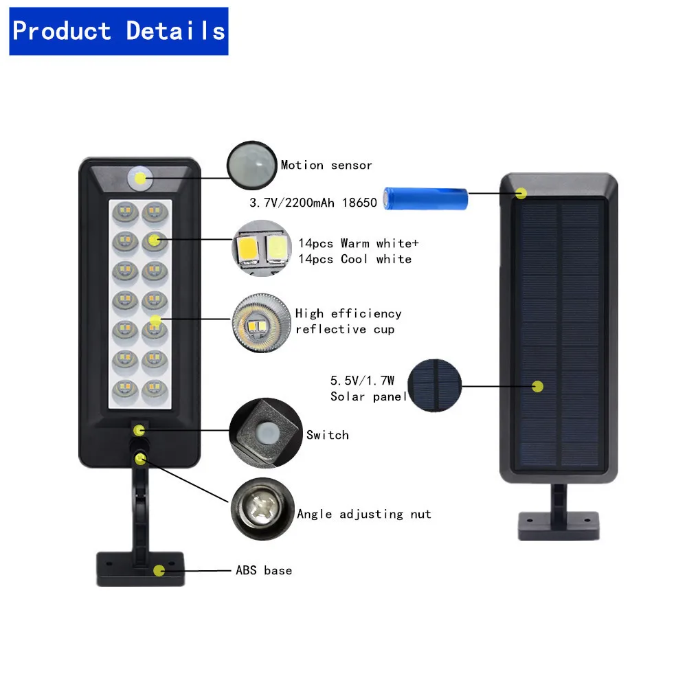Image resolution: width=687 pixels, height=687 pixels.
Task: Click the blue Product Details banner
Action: pos(118,31)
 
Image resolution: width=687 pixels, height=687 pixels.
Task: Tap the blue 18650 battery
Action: pos(426,199)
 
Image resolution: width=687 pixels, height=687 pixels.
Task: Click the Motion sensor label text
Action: pos(326,166)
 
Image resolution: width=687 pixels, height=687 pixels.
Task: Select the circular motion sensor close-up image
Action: pos(251,166)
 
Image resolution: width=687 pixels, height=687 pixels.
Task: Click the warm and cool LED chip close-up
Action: pos(258,249)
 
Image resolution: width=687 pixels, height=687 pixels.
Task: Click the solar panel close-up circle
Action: pos(434,385)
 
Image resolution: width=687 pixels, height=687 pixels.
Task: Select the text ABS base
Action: pos(264,570)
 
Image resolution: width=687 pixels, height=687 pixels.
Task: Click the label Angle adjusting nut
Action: pos(364,514)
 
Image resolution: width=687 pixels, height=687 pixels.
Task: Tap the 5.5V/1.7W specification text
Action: pos(363,381)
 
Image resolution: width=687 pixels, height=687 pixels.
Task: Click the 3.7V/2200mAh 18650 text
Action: pos(313,203)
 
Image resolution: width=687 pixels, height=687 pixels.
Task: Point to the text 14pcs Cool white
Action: pos(354,259)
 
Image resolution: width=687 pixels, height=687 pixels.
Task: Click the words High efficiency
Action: pos(348,313)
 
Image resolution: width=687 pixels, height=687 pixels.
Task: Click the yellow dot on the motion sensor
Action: pos(141,179)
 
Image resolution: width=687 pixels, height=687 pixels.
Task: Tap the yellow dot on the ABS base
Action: pos(159,570)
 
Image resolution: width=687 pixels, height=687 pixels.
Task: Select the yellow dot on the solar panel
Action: pos(538,386)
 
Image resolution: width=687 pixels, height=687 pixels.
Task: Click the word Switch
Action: pos(328,435)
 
